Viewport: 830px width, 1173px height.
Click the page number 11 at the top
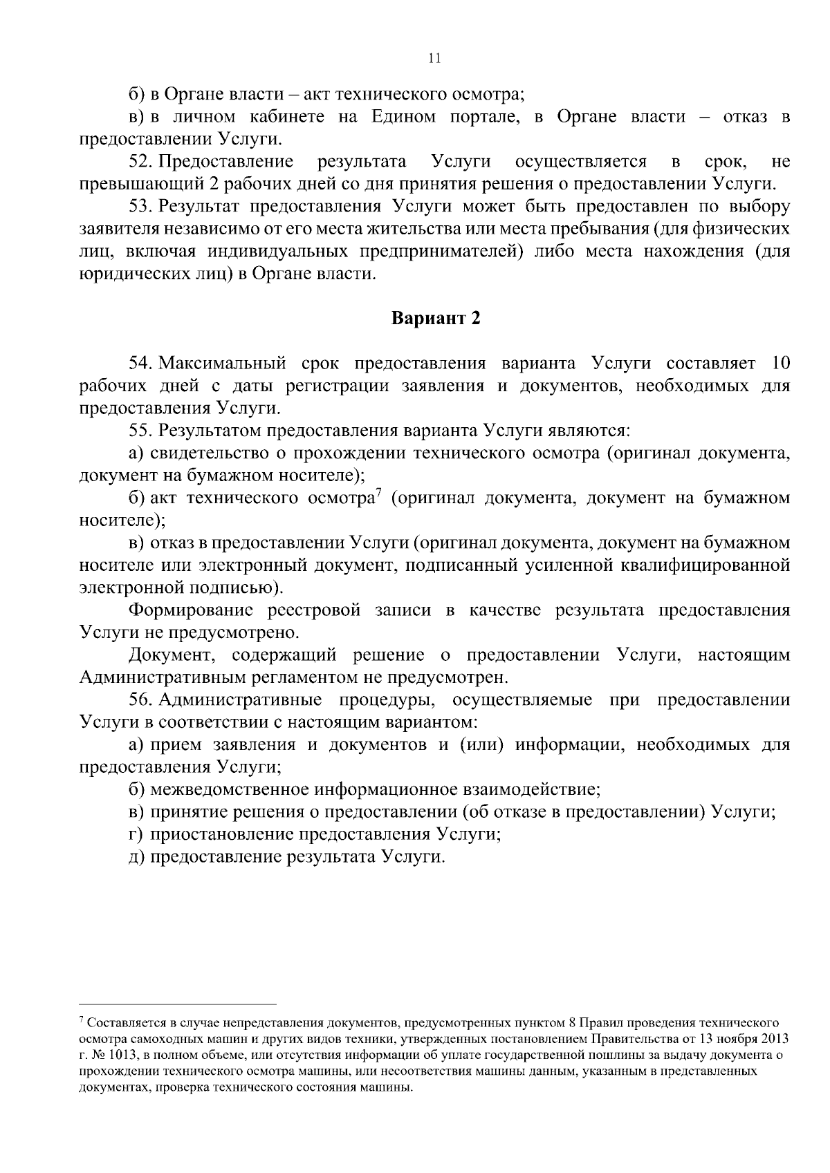(x=434, y=59)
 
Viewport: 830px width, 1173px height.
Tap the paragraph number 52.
(x=140, y=162)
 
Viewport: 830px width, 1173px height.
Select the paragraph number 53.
(x=140, y=207)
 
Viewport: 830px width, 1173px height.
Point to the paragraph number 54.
(x=140, y=364)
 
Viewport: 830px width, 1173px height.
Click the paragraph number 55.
(x=140, y=431)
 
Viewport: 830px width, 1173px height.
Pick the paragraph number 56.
(x=140, y=700)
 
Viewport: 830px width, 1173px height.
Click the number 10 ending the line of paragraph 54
(x=779, y=364)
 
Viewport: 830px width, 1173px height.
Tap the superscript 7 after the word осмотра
(x=378, y=493)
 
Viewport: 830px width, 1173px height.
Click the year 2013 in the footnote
(x=774, y=1040)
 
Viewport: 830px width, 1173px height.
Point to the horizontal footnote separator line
(x=178, y=1004)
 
